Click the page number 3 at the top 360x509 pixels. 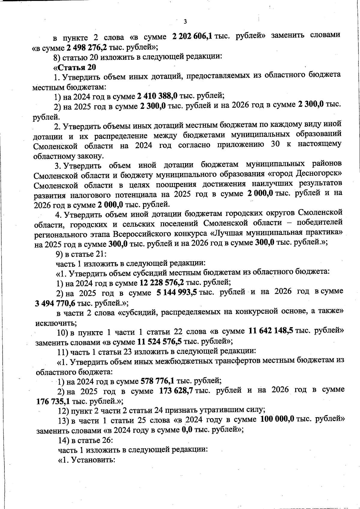click(x=185, y=22)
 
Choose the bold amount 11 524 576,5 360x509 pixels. click(x=159, y=341)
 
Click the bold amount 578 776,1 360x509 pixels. click(x=157, y=381)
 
